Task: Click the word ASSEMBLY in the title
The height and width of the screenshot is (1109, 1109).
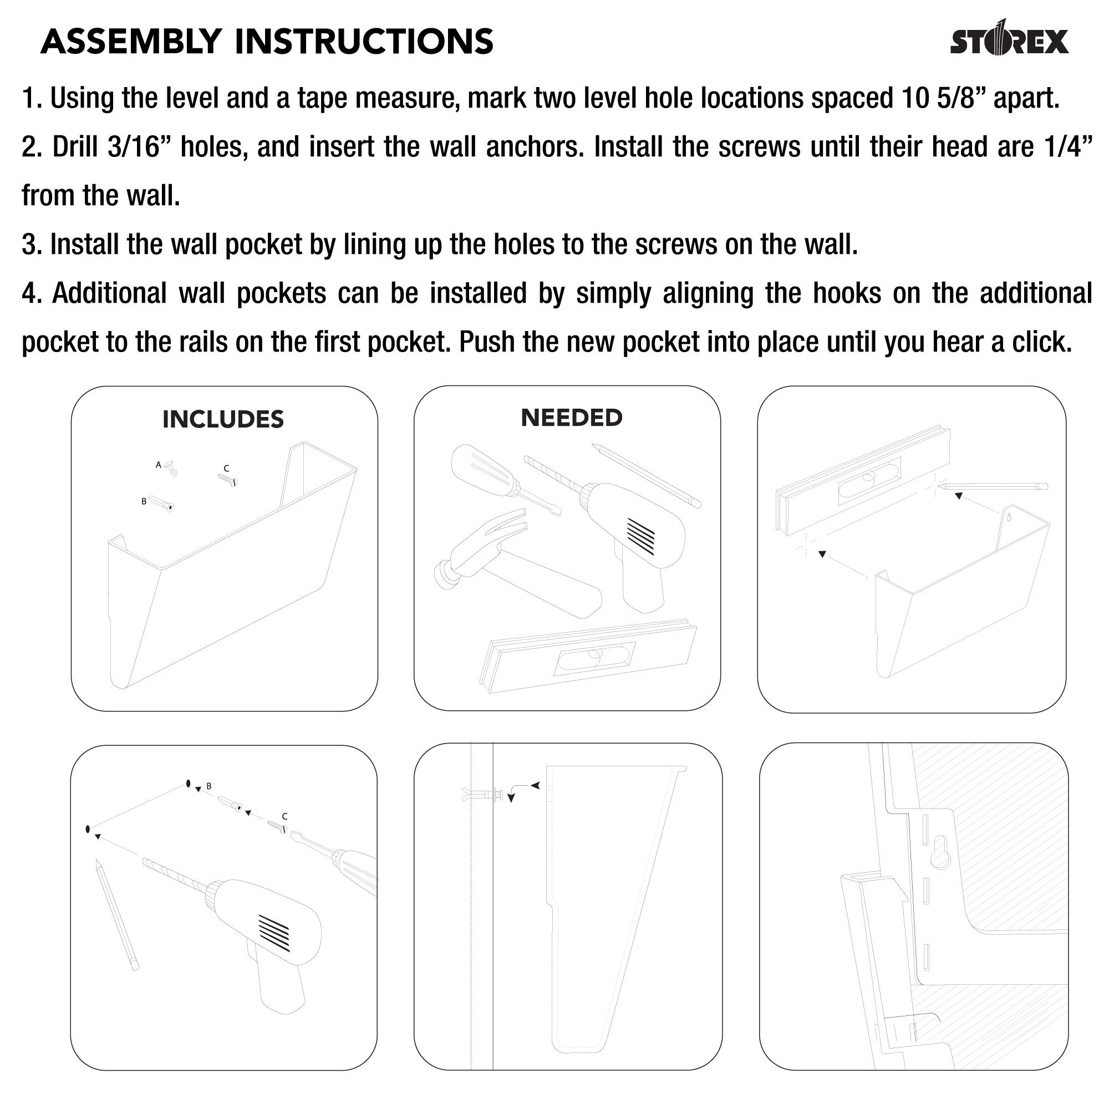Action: [131, 42]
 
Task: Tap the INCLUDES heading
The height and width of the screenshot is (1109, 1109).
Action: [223, 420]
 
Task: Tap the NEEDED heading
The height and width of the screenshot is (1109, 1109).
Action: [571, 418]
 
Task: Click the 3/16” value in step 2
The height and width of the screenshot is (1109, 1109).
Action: [133, 147]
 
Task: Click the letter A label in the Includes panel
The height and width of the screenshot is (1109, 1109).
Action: [159, 465]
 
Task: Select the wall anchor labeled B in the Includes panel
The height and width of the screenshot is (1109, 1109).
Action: [162, 505]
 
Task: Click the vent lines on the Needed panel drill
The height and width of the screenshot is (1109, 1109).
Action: [640, 536]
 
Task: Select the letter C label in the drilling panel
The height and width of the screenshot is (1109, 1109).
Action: [284, 816]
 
